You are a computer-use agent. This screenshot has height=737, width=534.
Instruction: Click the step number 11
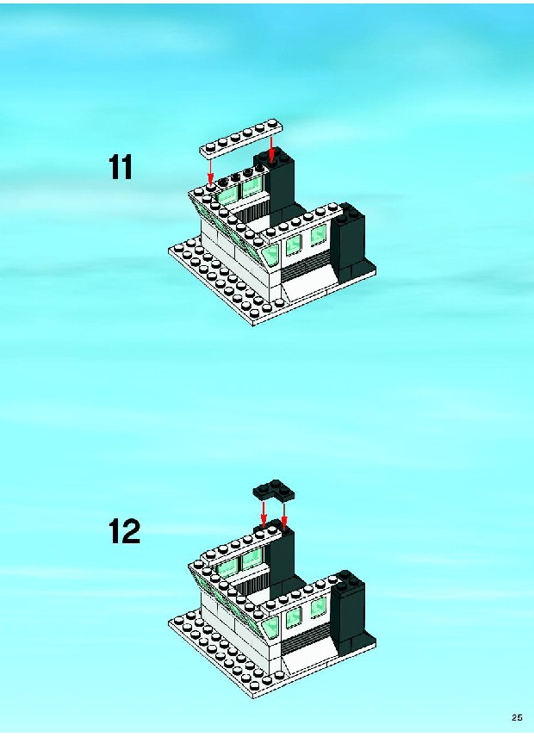(121, 167)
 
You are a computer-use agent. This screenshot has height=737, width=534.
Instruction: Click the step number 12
(125, 531)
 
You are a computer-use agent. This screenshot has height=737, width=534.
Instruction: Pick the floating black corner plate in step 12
(274, 490)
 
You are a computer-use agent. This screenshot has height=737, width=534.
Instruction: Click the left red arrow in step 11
(210, 170)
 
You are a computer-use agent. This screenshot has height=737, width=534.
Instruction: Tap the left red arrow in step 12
(264, 514)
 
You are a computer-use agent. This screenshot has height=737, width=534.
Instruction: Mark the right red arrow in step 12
(284, 517)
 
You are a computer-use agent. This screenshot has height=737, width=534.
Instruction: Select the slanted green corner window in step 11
(270, 254)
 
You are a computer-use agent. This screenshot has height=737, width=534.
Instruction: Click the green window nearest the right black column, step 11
(319, 235)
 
